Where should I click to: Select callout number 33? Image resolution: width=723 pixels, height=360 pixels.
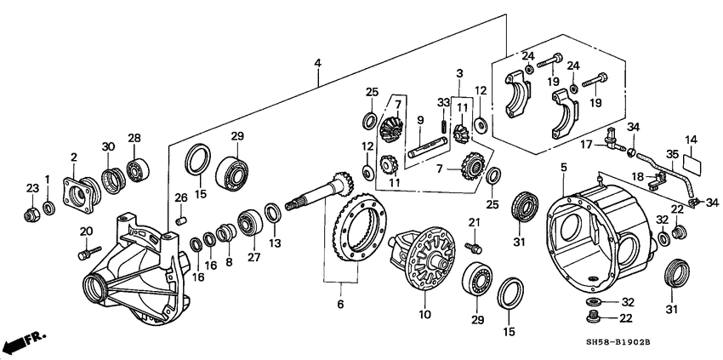pyautogui.click(x=441, y=102)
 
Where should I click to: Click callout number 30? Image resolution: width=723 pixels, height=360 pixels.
pyautogui.click(x=107, y=146)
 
